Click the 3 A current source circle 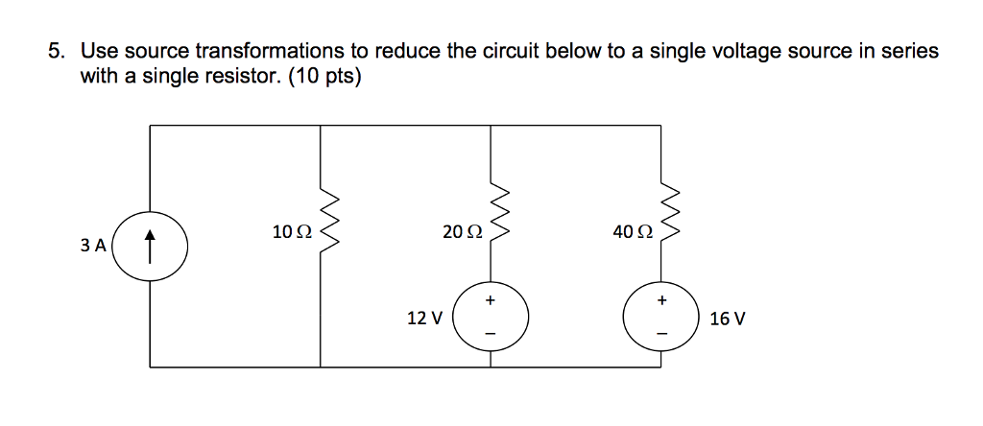tap(151, 248)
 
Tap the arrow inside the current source tap(151, 248)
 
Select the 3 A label tap(93, 245)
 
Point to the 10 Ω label tap(292, 231)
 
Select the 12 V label tap(424, 318)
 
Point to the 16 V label tap(727, 318)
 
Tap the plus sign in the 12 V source tap(491, 301)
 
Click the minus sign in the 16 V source tap(660, 334)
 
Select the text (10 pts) tap(322, 76)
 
